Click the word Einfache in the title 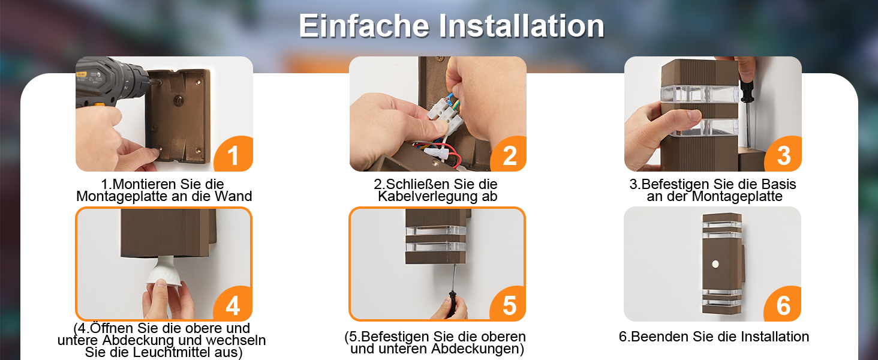pyautogui.click(x=365, y=26)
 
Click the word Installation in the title pyautogui.click(x=522, y=26)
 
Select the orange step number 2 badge pyautogui.click(x=509, y=155)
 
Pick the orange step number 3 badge pyautogui.click(x=783, y=155)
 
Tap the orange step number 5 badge pyautogui.click(x=508, y=305)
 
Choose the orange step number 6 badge pyautogui.click(x=783, y=305)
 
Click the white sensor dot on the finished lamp pyautogui.click(x=715, y=264)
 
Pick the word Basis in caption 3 pyautogui.click(x=779, y=184)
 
